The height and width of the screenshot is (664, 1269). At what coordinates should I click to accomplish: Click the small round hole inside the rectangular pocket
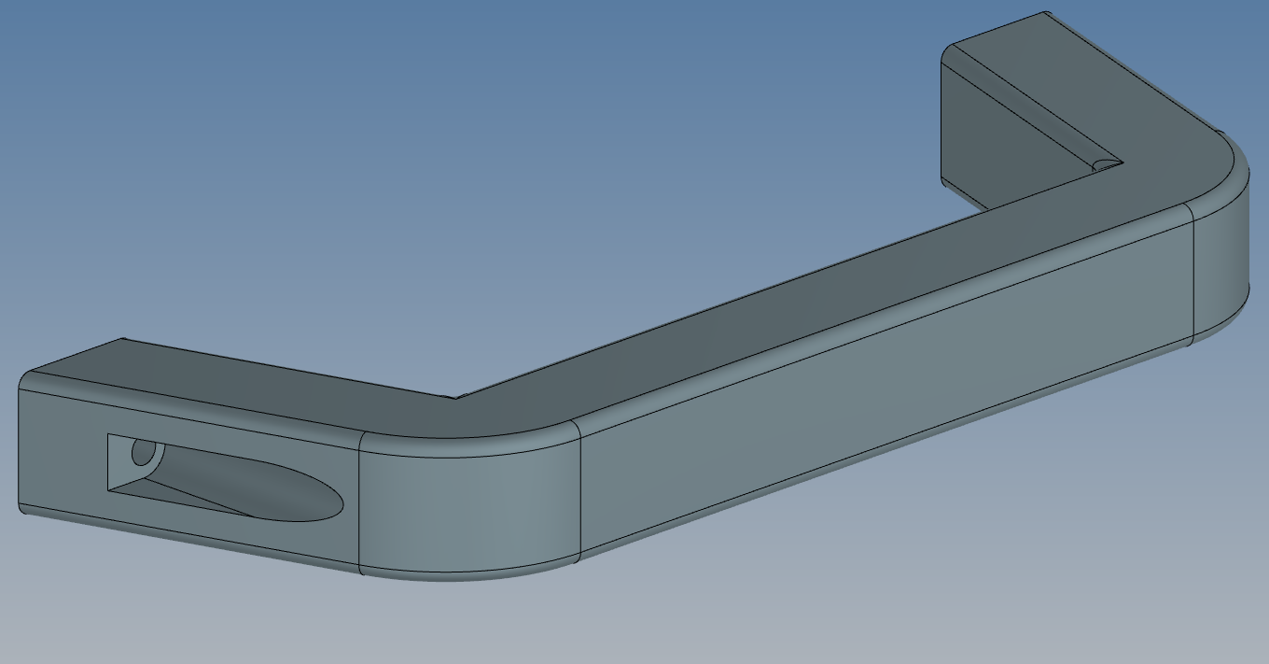click(144, 453)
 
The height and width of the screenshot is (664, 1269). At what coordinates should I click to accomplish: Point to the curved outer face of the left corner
click(467, 509)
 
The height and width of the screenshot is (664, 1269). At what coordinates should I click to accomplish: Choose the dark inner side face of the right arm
click(1008, 140)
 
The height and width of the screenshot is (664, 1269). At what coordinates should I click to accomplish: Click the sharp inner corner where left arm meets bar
click(455, 398)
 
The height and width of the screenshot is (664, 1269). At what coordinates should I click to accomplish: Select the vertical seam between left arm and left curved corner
click(360, 504)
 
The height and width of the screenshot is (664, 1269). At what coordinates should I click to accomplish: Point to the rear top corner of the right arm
click(1046, 13)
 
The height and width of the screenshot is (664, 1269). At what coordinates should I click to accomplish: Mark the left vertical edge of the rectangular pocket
click(108, 462)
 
